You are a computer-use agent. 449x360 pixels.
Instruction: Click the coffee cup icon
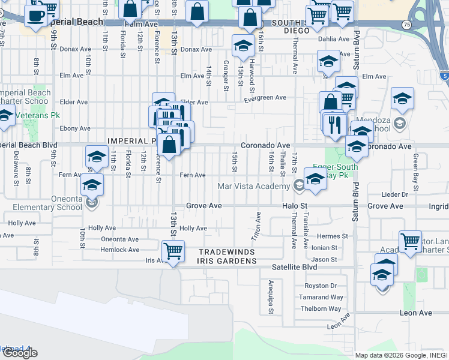pos(36,16)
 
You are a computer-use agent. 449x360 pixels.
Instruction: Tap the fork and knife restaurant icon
pos(334,124)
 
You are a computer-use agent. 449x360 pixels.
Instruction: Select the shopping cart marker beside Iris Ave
pos(173,251)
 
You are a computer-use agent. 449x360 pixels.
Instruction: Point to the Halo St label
pos(295,206)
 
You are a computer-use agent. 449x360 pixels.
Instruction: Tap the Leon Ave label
pos(417,313)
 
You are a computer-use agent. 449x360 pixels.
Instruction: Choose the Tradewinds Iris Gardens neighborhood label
pos(228,257)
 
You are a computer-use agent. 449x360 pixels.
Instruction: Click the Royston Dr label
pos(321,286)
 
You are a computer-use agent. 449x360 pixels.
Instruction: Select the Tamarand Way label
pos(322,297)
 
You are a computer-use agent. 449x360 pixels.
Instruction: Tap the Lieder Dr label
pos(396,194)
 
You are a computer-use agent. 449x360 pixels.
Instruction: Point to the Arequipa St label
pos(271,297)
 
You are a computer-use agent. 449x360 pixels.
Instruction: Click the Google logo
pos(20,353)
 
